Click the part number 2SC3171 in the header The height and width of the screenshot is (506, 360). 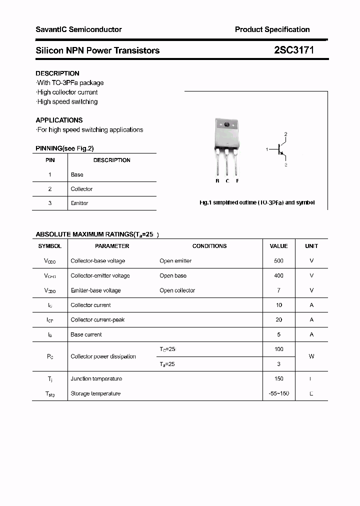pyautogui.click(x=294, y=50)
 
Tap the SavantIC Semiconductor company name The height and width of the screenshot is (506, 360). pyautogui.click(x=78, y=29)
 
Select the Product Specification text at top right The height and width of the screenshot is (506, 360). pyautogui.click(x=272, y=29)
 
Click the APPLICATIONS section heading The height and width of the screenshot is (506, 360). pyautogui.click(x=59, y=120)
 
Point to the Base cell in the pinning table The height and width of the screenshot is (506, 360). pyautogui.click(x=77, y=174)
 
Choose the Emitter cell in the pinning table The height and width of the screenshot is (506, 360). pyautogui.click(x=79, y=203)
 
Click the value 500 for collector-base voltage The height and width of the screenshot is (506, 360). pyautogui.click(x=278, y=260)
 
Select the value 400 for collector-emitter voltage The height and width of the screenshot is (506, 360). pyautogui.click(x=278, y=275)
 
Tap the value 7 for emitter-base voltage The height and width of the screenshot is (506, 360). pyautogui.click(x=278, y=290)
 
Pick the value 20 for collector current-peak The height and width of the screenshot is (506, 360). pyautogui.click(x=278, y=319)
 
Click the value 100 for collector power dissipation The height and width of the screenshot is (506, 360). pyautogui.click(x=278, y=349)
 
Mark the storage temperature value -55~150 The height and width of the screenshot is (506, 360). pyautogui.click(x=278, y=393)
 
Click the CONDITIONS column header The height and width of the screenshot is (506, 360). pyautogui.click(x=209, y=246)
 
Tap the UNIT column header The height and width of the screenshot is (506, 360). pyautogui.click(x=311, y=246)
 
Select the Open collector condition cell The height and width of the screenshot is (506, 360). pyautogui.click(x=177, y=290)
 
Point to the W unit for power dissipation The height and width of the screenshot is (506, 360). pyautogui.click(x=311, y=356)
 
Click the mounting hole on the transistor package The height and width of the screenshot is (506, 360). pyautogui.click(x=226, y=125)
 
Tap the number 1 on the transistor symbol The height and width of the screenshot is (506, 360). pyautogui.click(x=267, y=149)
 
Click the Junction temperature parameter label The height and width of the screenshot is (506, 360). pyautogui.click(x=96, y=378)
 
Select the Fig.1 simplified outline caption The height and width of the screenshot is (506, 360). pyautogui.click(x=257, y=203)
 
